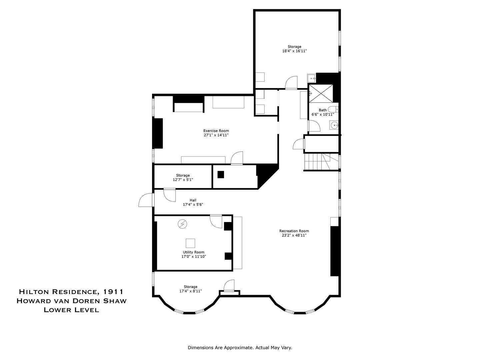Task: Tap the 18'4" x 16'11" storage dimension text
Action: [x=294, y=51]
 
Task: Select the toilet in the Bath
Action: [x=333, y=109]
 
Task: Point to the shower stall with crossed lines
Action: [x=321, y=93]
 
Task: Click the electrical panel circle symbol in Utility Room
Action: [x=182, y=224]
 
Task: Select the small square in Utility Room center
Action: [x=190, y=243]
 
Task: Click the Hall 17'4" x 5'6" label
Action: [x=193, y=202]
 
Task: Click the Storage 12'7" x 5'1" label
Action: [x=183, y=177]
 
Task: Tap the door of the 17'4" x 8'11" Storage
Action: [x=229, y=286]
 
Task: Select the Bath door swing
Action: [x=314, y=126]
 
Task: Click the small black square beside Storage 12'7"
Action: [x=221, y=174]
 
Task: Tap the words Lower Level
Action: [x=71, y=310]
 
